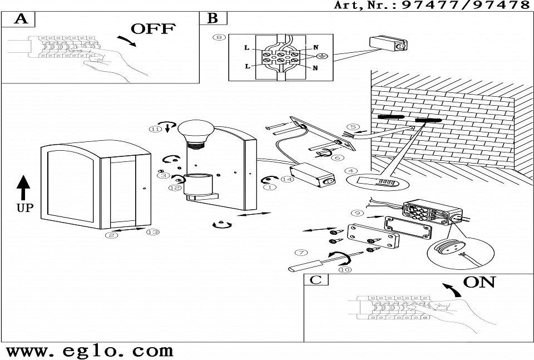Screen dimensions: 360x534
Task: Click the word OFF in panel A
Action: point(152,29)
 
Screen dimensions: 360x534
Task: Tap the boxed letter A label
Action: point(21,18)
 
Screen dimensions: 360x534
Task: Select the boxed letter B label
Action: point(212,18)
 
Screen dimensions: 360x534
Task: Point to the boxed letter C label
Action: point(315,279)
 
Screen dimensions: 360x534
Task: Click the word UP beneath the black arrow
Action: point(23,208)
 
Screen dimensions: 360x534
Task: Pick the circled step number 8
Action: point(220,37)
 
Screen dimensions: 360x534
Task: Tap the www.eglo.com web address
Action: point(89,351)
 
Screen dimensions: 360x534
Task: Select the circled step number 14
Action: point(287,179)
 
